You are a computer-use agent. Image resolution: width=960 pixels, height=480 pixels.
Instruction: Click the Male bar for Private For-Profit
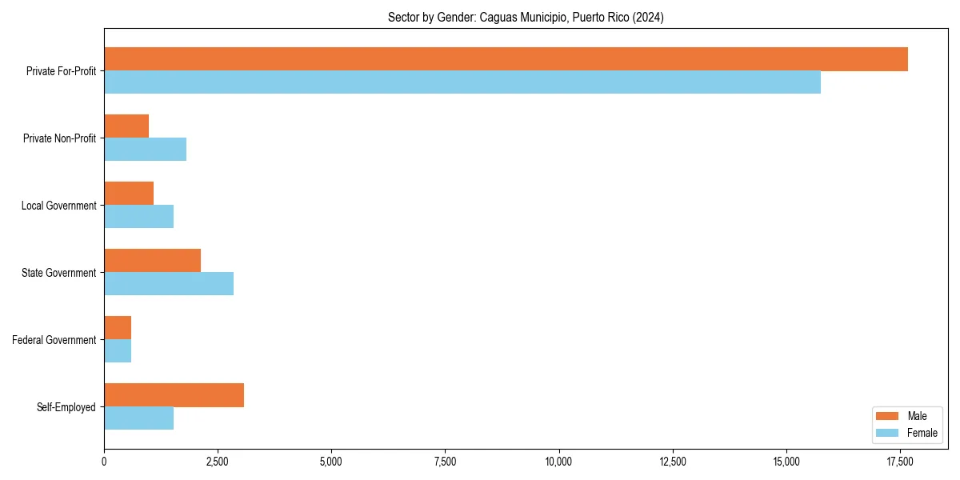506,59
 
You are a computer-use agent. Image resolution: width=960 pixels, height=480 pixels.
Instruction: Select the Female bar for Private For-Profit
462,82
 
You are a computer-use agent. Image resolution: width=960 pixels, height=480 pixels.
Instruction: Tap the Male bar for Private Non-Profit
126,126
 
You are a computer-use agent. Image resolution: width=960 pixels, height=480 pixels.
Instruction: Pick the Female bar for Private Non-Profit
145,150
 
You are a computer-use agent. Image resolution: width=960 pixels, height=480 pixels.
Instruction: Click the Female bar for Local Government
138,217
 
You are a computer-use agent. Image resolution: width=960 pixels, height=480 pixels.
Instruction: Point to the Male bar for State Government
152,261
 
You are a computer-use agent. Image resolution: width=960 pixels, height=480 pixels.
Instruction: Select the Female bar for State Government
169,284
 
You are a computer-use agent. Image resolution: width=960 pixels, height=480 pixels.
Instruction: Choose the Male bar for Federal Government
118,328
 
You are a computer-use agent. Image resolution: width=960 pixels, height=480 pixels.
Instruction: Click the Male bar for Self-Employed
174,395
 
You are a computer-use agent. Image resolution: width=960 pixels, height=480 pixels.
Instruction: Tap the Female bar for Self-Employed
138,418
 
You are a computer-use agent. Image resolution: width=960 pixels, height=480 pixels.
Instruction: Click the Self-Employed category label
66,407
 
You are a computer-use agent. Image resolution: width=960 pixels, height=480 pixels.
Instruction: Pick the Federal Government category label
54,340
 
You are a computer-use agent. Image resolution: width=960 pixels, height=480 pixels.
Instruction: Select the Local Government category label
59,206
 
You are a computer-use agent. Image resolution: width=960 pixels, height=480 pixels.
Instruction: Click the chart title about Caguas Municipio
526,17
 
